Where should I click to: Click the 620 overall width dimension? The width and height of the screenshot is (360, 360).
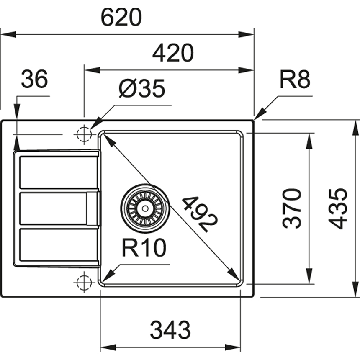click(121, 17)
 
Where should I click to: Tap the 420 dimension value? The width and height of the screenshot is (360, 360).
click(173, 53)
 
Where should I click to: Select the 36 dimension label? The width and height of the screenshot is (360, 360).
click(34, 79)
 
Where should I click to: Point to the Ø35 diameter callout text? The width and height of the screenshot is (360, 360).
click(142, 88)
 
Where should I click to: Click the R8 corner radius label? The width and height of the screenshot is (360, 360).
click(295, 80)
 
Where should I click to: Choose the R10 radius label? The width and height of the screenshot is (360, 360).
click(144, 248)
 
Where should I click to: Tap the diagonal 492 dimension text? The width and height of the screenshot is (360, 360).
click(199, 214)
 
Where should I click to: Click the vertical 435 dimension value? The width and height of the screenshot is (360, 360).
click(337, 208)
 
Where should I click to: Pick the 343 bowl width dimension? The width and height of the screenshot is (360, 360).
click(170, 330)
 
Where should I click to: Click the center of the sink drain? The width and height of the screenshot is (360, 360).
click(145, 208)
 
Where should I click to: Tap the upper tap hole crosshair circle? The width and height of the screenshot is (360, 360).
click(84, 134)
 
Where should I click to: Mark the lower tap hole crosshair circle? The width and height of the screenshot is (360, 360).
click(84, 282)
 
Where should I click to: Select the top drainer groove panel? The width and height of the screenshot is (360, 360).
click(58, 172)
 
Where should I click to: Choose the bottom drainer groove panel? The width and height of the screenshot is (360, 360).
click(58, 244)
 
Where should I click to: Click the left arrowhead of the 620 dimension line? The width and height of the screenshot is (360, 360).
click(8, 35)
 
